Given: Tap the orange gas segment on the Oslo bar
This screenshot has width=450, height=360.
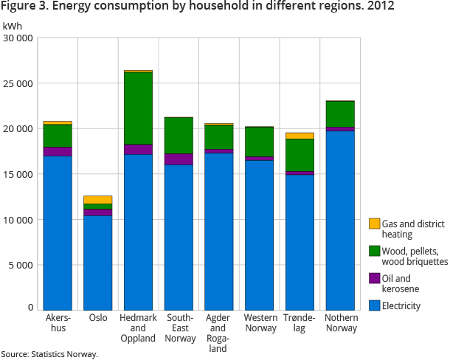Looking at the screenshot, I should [97, 199].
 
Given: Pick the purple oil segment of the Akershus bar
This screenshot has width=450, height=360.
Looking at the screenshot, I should [58, 151].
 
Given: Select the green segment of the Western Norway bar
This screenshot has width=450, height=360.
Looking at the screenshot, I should [259, 141].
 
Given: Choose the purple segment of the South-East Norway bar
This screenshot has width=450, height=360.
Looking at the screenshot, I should [179, 159].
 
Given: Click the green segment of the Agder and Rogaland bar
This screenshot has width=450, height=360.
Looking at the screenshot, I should [219, 136].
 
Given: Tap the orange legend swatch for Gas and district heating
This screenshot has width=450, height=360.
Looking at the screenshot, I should [375, 224].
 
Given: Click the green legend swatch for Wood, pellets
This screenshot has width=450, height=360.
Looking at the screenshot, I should [375, 251].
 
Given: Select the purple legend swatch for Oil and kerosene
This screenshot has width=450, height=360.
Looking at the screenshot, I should [375, 278].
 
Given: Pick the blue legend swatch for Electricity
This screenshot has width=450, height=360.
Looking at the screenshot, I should [375, 305].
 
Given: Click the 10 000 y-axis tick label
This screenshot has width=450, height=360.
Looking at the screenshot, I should [18, 220].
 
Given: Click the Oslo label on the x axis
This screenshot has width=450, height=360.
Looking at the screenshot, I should [97, 318].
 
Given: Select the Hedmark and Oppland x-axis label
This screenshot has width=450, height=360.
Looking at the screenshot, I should [137, 328].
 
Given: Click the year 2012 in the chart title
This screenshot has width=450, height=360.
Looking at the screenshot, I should [380, 7].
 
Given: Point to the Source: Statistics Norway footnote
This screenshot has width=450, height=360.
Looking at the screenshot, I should [49, 354].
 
